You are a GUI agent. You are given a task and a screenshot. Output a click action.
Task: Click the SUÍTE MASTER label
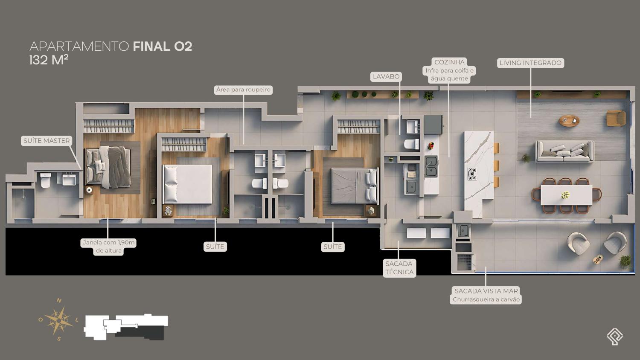coord(47,141)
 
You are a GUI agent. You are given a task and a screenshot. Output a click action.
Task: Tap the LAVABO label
coord(386,77)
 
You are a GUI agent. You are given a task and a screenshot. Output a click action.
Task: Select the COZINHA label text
coord(449,62)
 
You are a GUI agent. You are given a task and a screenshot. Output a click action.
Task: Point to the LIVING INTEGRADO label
coord(531,63)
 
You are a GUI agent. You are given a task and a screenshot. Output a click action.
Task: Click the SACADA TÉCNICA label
coord(399,268)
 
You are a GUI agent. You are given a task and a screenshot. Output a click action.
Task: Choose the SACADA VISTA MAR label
coord(486,291)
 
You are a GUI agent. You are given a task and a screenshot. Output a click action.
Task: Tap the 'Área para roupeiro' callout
coord(243,90)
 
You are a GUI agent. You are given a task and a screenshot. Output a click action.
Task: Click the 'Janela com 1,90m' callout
coord(108,243)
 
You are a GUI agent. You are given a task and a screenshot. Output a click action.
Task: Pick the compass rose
coord(58,320)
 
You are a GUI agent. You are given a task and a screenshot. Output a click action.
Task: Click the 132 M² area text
coord(49,61)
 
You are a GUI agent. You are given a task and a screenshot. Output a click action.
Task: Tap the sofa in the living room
coord(564,151)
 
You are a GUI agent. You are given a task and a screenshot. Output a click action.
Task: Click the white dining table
coord(566,195)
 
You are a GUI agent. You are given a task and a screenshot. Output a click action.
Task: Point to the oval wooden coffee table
coord(569,120)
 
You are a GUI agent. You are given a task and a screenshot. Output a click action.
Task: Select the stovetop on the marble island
coord(472,174)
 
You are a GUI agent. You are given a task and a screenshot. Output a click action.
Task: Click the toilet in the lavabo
coord(411,144)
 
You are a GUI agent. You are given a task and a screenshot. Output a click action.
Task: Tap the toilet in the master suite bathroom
coord(45,180)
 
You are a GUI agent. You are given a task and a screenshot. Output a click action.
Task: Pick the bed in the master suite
coord(108,167)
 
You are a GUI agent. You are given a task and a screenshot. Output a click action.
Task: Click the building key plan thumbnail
coord(126,328)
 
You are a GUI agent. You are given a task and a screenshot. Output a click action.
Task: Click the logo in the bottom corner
coord(615,336)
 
